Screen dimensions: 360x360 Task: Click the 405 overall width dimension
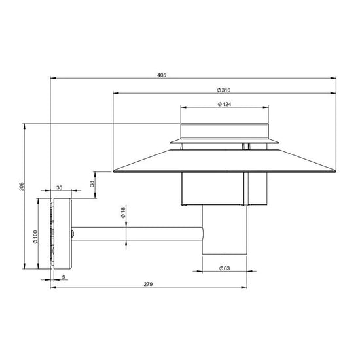point(162,75)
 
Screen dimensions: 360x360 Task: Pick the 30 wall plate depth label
point(60,187)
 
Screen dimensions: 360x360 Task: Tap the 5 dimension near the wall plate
point(63,277)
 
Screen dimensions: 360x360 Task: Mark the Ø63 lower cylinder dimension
point(224,268)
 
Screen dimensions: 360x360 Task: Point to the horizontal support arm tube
point(137,232)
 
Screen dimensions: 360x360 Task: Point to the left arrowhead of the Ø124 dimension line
point(182,109)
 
